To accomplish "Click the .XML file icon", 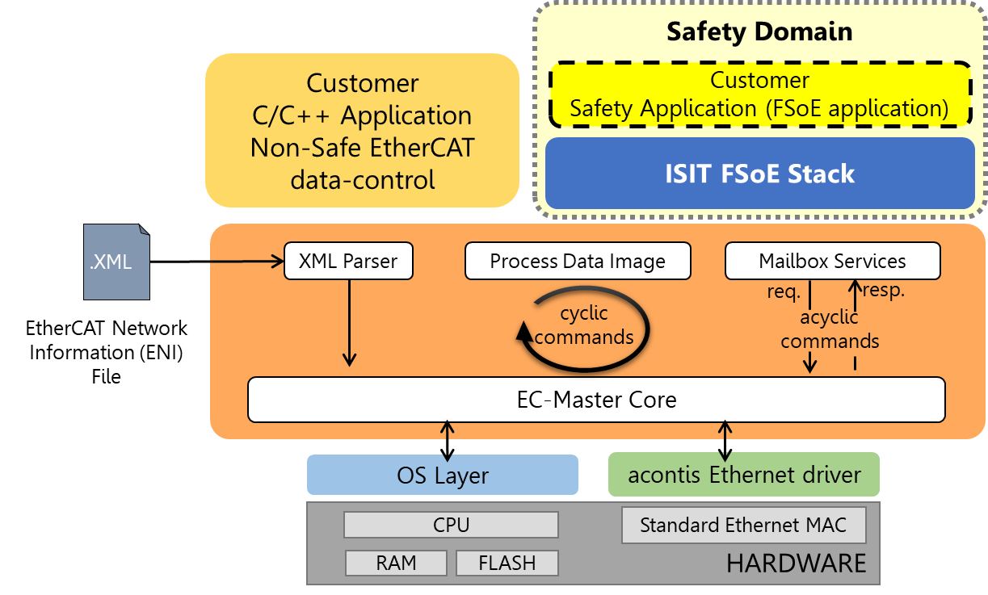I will [116, 262].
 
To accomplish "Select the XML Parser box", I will [348, 262].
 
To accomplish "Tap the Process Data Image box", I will [578, 262].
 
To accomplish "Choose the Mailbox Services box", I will [832, 262].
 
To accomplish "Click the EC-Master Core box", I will [596, 400].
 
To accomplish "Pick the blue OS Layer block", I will [443, 475].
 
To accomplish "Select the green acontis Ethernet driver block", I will [743, 475].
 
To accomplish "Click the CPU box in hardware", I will [451, 525].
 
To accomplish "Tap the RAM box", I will [396, 563].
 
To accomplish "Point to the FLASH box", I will [507, 563].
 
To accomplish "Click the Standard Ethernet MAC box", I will [743, 525].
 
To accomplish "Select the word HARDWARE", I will [796, 564].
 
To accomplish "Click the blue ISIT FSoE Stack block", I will [759, 174].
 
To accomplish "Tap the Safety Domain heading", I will [759, 32].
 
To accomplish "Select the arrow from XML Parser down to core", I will [349, 323].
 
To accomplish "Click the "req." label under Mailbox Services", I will [784, 291].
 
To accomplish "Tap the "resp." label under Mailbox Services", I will [884, 291].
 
